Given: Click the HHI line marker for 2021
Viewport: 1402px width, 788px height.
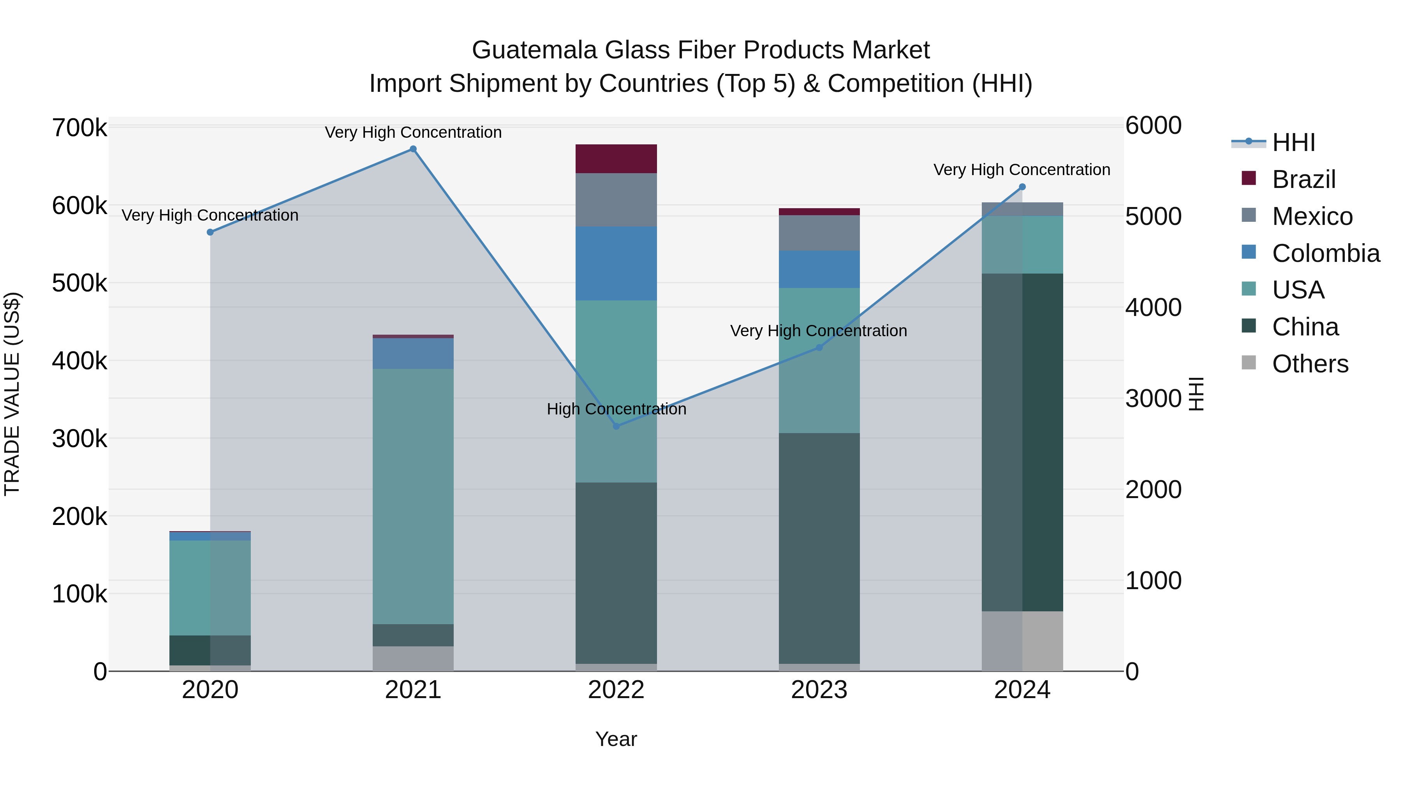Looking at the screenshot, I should (413, 149).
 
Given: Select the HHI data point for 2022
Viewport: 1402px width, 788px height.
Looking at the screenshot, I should (616, 426).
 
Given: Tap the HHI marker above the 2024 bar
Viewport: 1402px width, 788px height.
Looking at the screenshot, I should (1022, 187).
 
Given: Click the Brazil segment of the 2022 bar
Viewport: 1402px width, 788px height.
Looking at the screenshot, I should (616, 159).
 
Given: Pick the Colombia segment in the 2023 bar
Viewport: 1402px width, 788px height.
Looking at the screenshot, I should (819, 269).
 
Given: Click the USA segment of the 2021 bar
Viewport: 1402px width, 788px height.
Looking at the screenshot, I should (413, 497).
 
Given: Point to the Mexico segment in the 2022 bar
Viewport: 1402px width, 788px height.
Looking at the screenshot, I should (616, 200).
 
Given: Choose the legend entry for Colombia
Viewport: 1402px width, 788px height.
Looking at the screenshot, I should (1325, 253).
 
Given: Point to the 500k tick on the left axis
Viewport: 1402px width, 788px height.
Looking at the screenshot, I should (79, 283).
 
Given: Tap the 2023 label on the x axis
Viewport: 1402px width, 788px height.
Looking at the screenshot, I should (819, 690).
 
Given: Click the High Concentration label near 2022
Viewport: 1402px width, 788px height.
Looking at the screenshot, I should (616, 409).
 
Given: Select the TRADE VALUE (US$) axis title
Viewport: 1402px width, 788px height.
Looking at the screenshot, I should (12, 394).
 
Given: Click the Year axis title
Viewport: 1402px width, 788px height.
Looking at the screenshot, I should (616, 739).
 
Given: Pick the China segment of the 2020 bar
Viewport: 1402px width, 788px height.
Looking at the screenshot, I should (210, 650).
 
